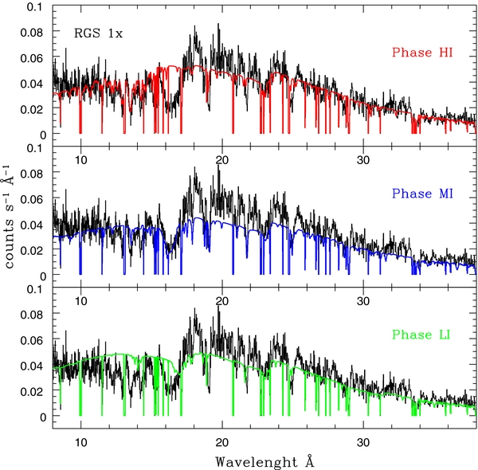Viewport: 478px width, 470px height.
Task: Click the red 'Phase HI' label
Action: pos(421,53)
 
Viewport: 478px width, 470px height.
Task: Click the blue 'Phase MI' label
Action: pos(421,194)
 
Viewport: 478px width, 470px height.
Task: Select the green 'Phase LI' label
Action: pos(421,335)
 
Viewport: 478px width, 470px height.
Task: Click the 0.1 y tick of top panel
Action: pos(35,6)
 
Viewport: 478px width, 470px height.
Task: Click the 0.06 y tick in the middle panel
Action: pos(30,199)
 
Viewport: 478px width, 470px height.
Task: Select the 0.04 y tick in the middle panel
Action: pos(30,225)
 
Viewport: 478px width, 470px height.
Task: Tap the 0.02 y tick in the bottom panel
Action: pos(30,391)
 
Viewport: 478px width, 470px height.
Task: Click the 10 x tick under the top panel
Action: pos(80,158)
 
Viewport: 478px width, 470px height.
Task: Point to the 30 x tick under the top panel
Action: pos(363,158)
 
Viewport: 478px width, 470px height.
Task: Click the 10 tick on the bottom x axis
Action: pos(80,441)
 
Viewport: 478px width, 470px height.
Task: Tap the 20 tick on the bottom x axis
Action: pos(222,441)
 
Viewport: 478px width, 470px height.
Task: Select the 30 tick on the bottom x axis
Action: pos(363,441)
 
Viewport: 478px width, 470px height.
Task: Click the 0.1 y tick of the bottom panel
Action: pos(35,289)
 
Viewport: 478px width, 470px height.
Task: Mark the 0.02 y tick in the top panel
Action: pos(30,108)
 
